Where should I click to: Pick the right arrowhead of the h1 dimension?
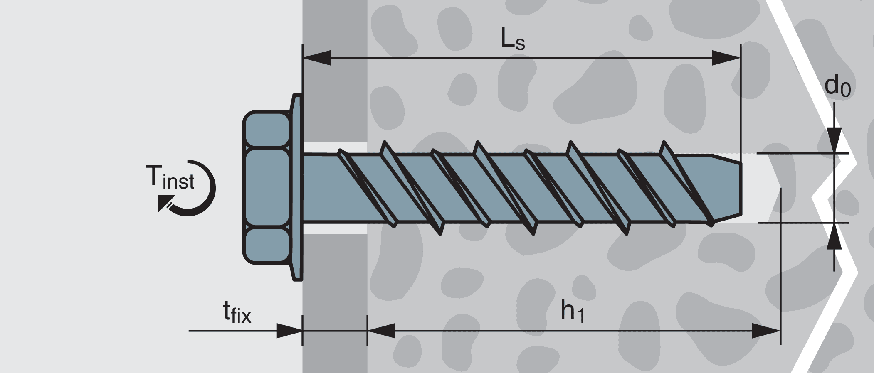[766, 331]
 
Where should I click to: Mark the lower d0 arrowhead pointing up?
[834, 236]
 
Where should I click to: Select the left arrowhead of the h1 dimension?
[381, 331]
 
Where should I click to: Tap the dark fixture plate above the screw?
[335, 83]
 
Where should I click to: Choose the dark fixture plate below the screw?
[335, 291]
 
